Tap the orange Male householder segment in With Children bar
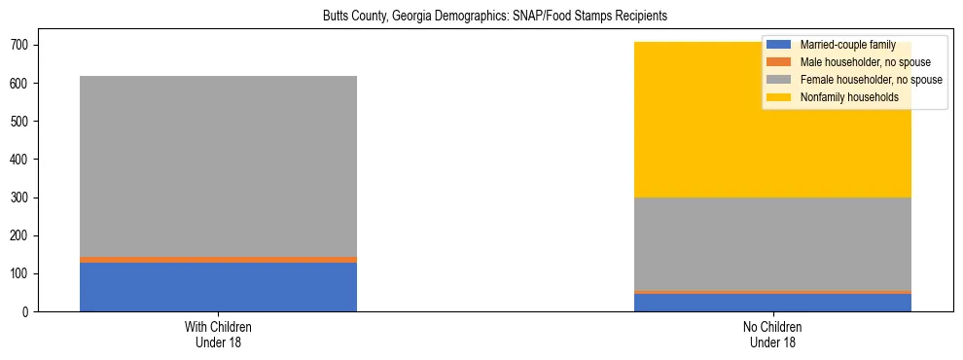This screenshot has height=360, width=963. (218, 260)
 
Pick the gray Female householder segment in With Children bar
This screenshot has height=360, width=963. (218, 165)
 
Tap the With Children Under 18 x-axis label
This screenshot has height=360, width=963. (218, 334)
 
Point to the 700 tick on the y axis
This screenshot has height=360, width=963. (21, 46)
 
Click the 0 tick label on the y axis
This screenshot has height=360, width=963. (27, 312)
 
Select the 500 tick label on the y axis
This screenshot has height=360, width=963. (21, 122)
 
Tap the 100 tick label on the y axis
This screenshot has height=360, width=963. (21, 274)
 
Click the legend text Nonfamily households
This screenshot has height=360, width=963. (848, 97)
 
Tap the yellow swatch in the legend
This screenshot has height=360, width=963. (779, 97)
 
